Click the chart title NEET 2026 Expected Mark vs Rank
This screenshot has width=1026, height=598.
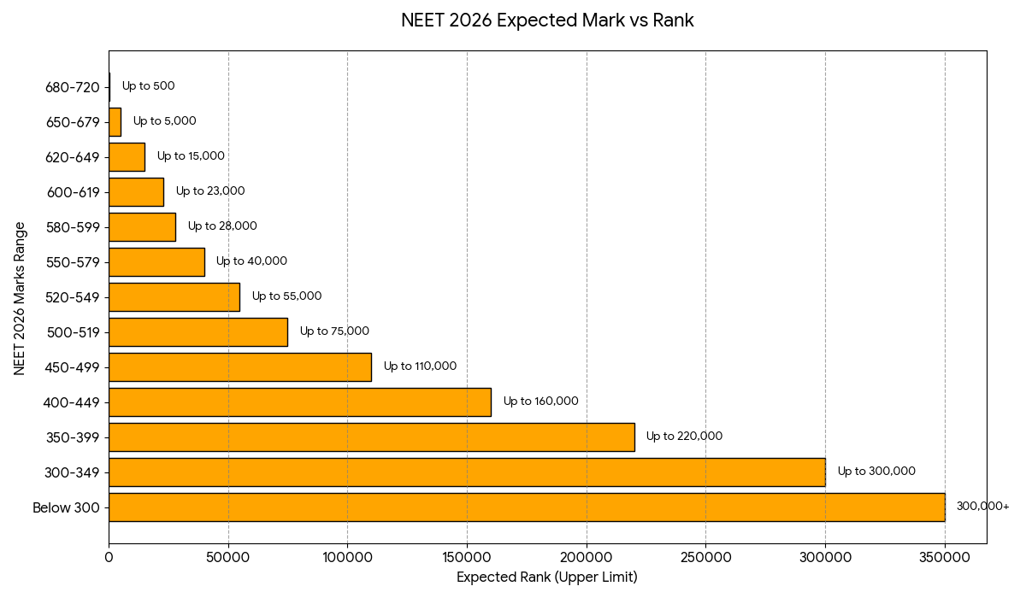click(x=547, y=21)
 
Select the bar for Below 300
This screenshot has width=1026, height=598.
click(x=526, y=507)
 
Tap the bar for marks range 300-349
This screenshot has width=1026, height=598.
click(x=466, y=472)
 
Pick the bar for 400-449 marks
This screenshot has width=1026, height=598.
click(x=299, y=402)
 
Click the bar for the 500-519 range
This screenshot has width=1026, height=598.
click(x=198, y=332)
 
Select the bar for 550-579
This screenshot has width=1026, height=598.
click(x=156, y=262)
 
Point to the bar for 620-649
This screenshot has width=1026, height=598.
click(x=127, y=157)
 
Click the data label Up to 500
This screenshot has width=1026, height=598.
click(x=148, y=86)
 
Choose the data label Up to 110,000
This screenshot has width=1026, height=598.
click(x=420, y=366)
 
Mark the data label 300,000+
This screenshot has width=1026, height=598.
click(x=982, y=507)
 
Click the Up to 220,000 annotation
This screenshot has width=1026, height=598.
click(x=684, y=437)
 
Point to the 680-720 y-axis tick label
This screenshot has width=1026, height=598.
click(x=73, y=87)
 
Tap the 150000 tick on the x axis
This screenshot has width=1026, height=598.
click(x=467, y=557)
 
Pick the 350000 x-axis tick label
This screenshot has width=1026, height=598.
click(x=944, y=557)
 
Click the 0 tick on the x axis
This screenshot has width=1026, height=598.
click(x=109, y=557)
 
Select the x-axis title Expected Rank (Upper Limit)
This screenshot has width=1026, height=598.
click(x=547, y=578)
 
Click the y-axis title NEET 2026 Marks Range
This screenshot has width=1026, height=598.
click(x=20, y=297)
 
